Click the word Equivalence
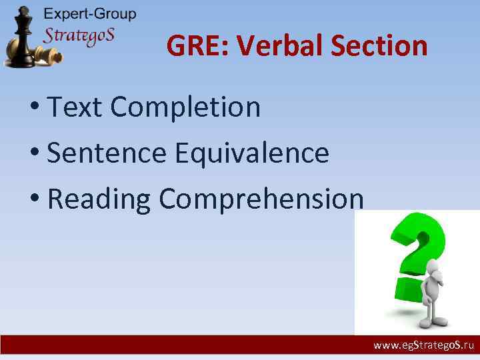pyautogui.click(x=251, y=153)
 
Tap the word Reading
pyautogui.click(x=99, y=199)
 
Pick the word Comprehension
pyautogui.click(x=261, y=199)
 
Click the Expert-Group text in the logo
pyautogui.click(x=89, y=14)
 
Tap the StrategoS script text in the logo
pyautogui.click(x=79, y=35)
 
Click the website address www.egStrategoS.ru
pyautogui.click(x=423, y=345)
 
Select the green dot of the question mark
pyautogui.click(x=408, y=290)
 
